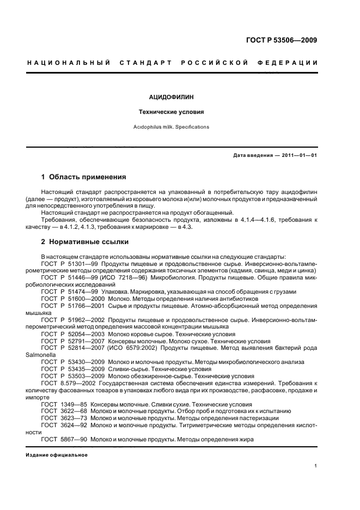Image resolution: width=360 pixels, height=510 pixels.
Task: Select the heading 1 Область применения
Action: (x=84, y=177)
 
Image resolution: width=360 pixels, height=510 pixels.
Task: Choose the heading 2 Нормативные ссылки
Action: (x=85, y=242)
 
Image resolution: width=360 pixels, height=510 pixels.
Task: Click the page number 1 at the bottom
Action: (x=315, y=465)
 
